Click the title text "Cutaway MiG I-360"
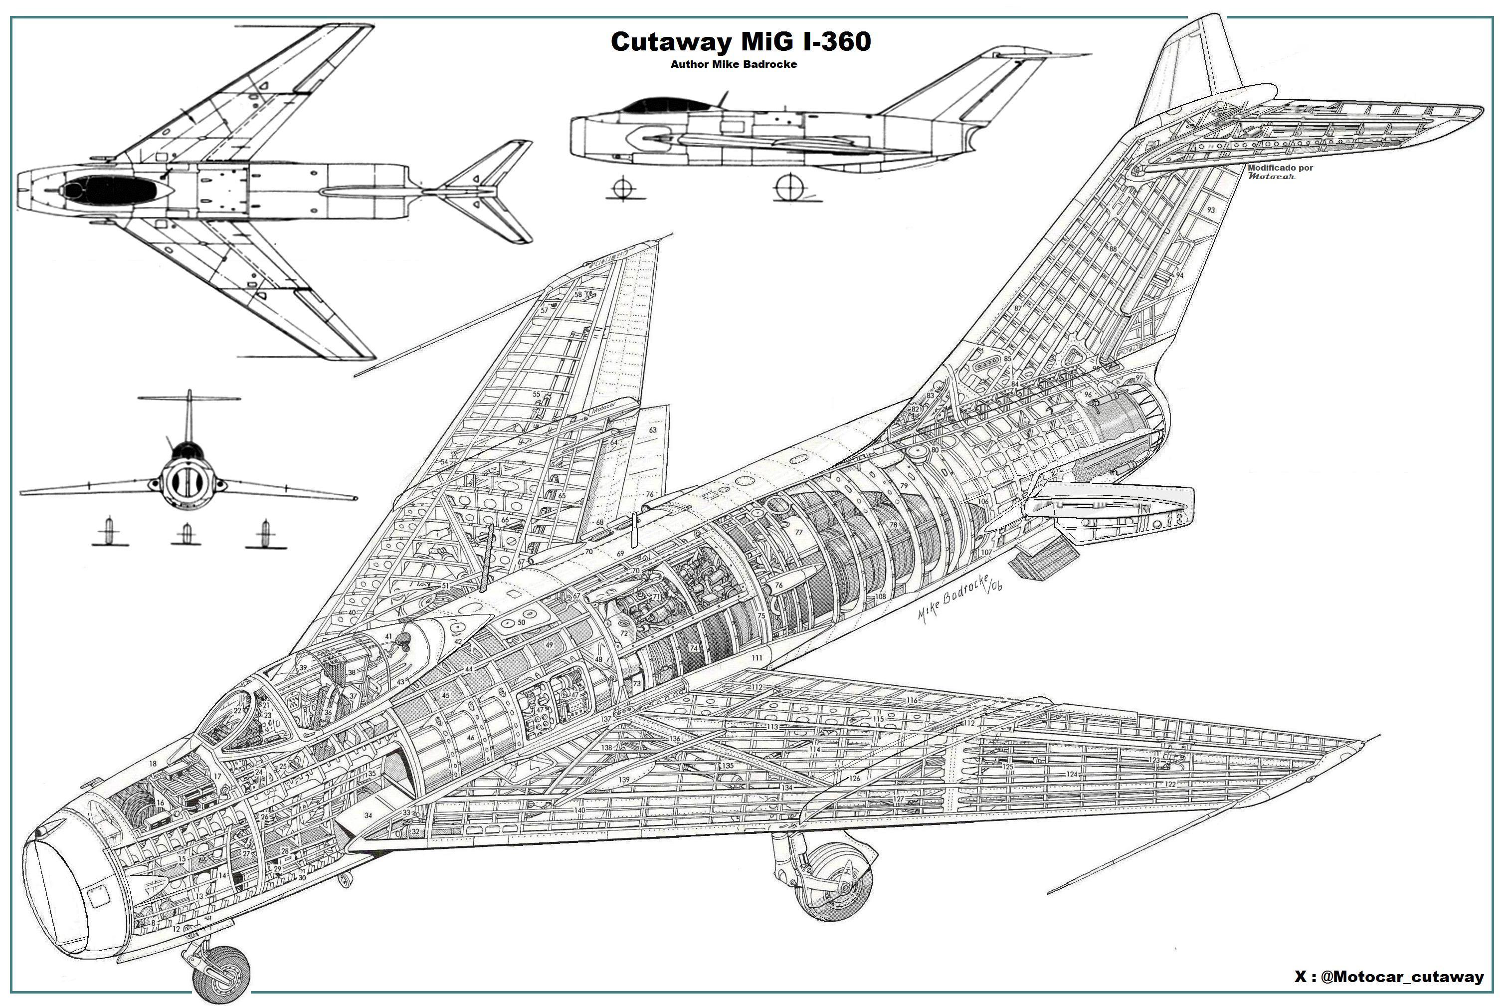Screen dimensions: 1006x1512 pyautogui.click(x=740, y=42)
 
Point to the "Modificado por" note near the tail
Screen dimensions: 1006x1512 pyautogui.click(x=1280, y=168)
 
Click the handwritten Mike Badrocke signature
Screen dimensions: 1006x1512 pyautogui.click(x=959, y=597)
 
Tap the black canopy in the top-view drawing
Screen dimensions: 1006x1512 pyautogui.click(x=109, y=189)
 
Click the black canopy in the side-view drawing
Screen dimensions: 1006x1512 pyautogui.click(x=664, y=106)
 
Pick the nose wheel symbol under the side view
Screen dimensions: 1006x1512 pyautogui.click(x=623, y=189)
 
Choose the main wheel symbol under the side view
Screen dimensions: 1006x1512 pyautogui.click(x=789, y=188)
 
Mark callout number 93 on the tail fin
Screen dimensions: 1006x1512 pyautogui.click(x=1210, y=210)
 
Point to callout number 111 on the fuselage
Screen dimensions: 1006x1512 pyautogui.click(x=757, y=658)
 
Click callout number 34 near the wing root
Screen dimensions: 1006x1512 pyautogui.click(x=368, y=815)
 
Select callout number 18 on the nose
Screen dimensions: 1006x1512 pyautogui.click(x=153, y=764)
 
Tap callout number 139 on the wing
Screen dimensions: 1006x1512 pyautogui.click(x=623, y=780)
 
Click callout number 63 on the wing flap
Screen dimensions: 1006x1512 pyautogui.click(x=653, y=430)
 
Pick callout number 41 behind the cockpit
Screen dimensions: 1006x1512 pyautogui.click(x=388, y=636)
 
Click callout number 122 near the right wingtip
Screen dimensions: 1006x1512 pyautogui.click(x=1171, y=785)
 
